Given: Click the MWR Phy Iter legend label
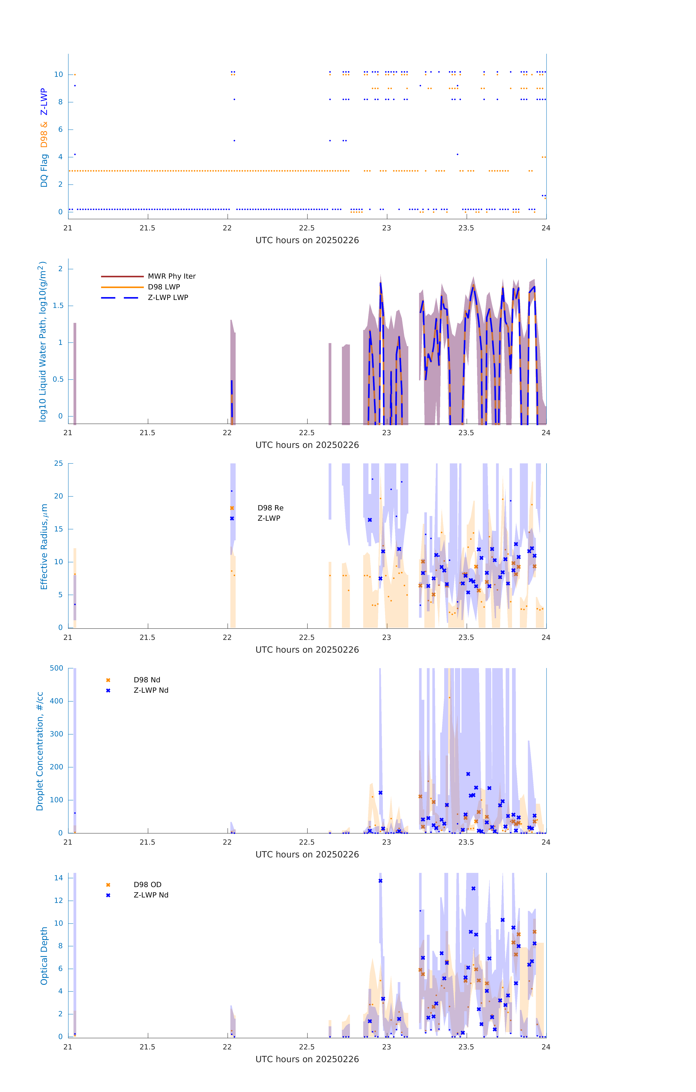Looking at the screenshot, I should [171, 276].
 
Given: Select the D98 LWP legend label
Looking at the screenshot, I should [164, 287].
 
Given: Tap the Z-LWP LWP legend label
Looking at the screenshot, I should [168, 298].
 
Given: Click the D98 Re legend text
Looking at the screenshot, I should [270, 508].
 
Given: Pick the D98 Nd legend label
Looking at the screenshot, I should [146, 680].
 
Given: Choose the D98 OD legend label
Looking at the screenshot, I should [147, 885].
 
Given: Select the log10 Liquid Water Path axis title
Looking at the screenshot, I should [42, 341].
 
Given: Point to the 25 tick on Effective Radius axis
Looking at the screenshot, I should [58, 464].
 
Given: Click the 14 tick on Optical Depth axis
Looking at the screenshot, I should [58, 878].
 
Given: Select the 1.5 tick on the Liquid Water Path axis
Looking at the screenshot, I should [58, 306].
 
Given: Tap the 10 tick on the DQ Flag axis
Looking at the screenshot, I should [58, 74].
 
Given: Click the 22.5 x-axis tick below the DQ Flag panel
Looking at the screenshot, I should [306, 228].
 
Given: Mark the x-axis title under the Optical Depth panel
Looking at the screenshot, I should [307, 1059].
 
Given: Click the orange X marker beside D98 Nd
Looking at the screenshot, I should [108, 680].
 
